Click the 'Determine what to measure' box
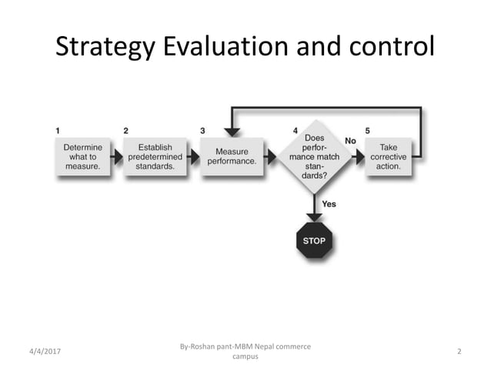click(82, 156)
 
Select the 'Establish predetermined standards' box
click(155, 156)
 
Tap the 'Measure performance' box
click(232, 156)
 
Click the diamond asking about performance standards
click(313, 156)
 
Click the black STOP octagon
click(314, 240)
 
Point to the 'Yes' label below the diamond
click(329, 204)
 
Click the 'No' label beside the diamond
click(350, 141)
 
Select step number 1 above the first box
click(58, 130)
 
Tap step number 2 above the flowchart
click(126, 130)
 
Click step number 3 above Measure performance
click(202, 130)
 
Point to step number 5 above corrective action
click(367, 130)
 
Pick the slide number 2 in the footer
click(459, 352)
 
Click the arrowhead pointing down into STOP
click(314, 216)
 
